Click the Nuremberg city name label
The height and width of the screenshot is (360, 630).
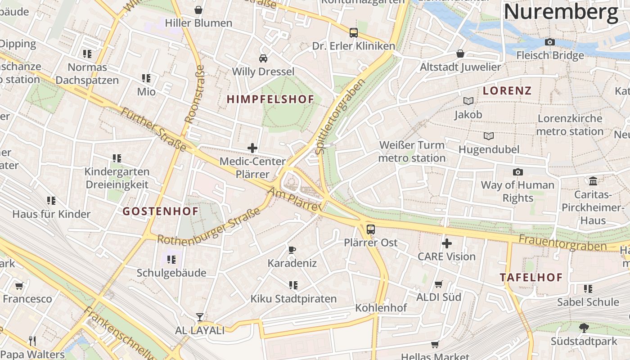pyautogui.click(x=561, y=12)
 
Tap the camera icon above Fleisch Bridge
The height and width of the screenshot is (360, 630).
pyautogui.click(x=549, y=42)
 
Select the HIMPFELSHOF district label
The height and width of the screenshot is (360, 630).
pyautogui.click(x=270, y=99)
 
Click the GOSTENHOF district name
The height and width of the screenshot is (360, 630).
pyautogui.click(x=161, y=211)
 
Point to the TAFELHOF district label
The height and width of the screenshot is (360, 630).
pyautogui.click(x=531, y=277)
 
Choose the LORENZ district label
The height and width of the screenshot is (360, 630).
pyautogui.click(x=507, y=90)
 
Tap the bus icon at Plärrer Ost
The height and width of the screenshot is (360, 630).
pyautogui.click(x=370, y=229)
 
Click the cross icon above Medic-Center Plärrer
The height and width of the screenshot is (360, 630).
pyautogui.click(x=252, y=148)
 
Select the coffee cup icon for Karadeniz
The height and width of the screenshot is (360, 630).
pyautogui.click(x=292, y=250)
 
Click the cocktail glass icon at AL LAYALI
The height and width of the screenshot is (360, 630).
pyautogui.click(x=199, y=317)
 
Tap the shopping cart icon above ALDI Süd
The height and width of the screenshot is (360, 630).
pyautogui.click(x=439, y=284)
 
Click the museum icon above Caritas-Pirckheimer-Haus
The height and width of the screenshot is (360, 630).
pyautogui.click(x=593, y=181)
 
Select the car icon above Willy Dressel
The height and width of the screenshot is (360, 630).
pyautogui.click(x=263, y=58)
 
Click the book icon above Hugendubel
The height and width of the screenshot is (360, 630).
pyautogui.click(x=488, y=136)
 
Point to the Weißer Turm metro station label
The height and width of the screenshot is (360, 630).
pyautogui.click(x=412, y=152)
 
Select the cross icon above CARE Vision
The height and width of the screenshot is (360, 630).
pyautogui.click(x=446, y=243)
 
